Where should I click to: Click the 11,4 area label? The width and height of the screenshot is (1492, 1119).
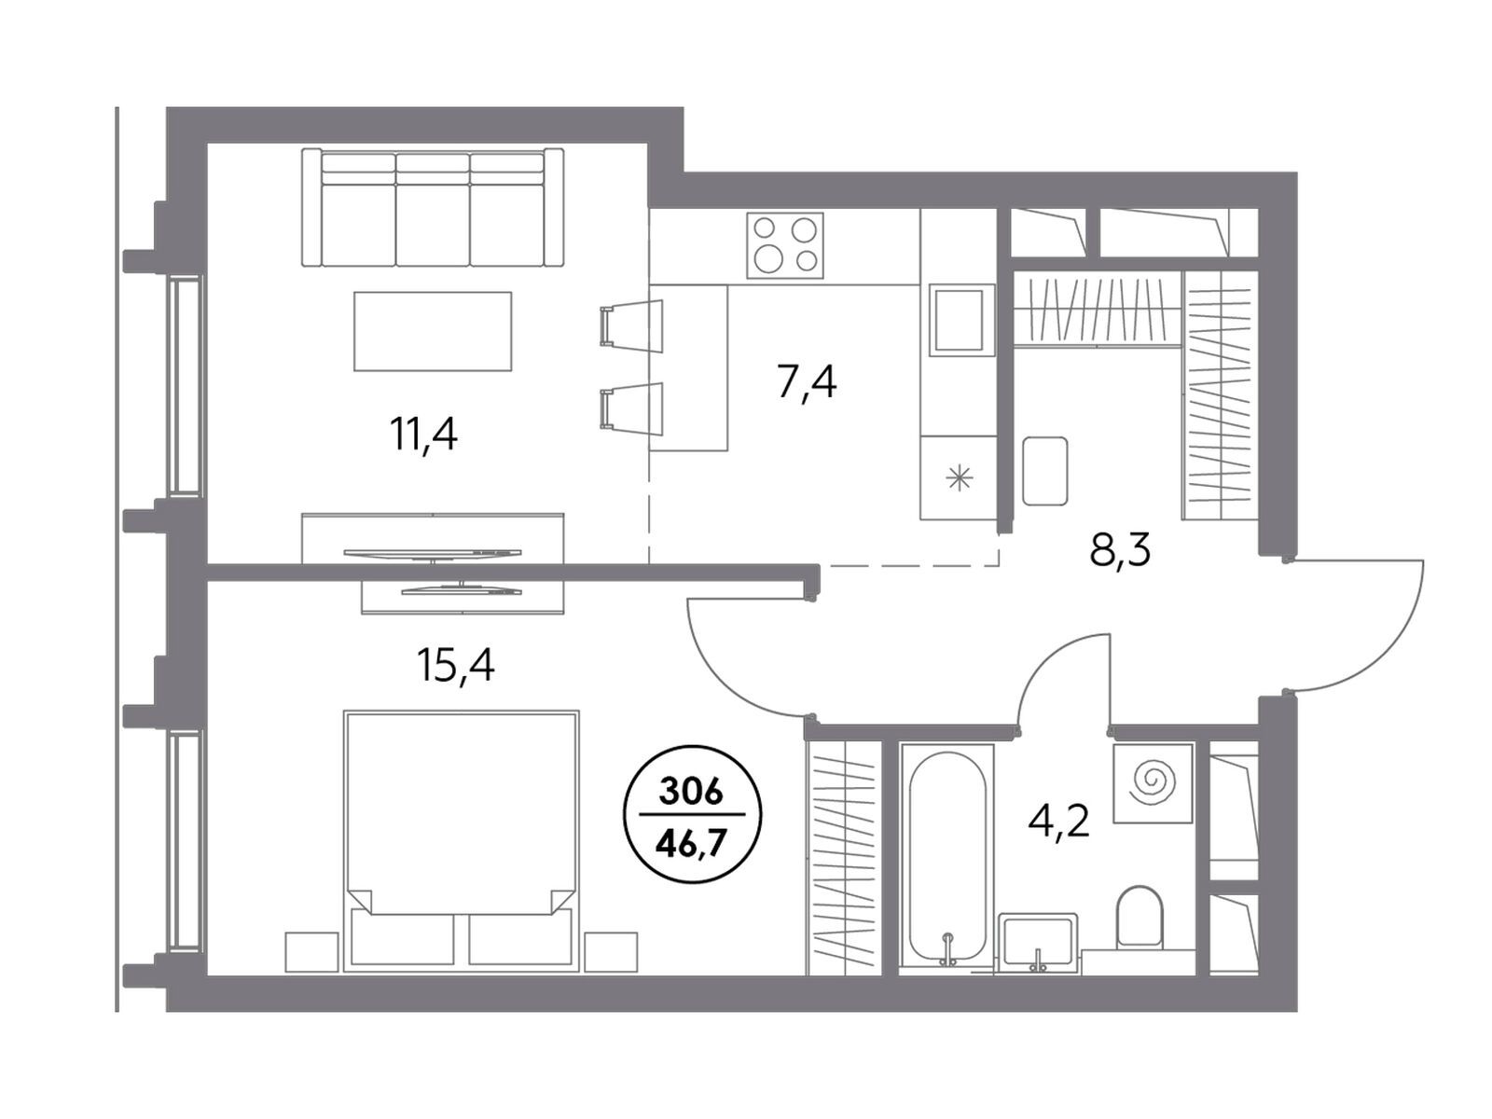(x=422, y=434)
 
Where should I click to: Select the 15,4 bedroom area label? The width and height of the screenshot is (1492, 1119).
(x=455, y=665)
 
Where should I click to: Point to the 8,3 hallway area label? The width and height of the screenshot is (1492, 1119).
(x=1120, y=549)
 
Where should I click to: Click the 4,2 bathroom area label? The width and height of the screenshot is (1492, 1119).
(x=1058, y=821)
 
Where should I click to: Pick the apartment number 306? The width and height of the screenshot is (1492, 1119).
(x=691, y=793)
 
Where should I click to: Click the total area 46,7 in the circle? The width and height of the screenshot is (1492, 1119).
(x=691, y=845)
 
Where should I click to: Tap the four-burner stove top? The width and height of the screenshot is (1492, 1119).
(x=784, y=245)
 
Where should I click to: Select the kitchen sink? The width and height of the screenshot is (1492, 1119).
(x=961, y=320)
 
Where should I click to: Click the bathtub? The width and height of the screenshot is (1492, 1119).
(x=946, y=860)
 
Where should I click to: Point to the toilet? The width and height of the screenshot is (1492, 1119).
(x=1139, y=915)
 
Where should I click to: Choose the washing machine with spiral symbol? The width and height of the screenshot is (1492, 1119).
(x=1153, y=782)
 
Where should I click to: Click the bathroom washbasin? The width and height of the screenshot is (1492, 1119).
(x=1037, y=941)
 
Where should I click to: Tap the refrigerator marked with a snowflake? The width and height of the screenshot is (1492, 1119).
(x=959, y=477)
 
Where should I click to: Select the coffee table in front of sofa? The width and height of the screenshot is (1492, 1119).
(x=433, y=331)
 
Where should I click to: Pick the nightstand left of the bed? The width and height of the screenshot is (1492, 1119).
(x=312, y=951)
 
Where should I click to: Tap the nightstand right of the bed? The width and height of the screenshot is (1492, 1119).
(x=611, y=951)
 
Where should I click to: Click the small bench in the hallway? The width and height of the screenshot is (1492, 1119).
(x=1044, y=470)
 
